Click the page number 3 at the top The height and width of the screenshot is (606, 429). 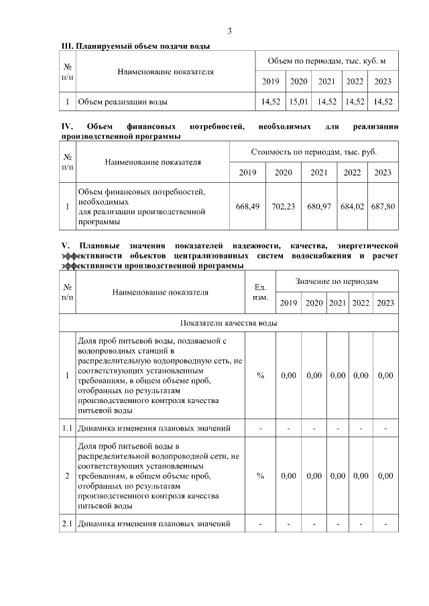tap(230, 31)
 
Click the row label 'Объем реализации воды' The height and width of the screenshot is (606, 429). tap(123, 102)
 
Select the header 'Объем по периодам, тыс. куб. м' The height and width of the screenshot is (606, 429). tap(326, 62)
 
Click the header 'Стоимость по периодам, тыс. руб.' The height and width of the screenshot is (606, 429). tap(314, 152)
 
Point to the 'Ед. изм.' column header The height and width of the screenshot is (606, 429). tap(261, 292)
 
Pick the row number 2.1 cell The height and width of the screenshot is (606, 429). tap(67, 523)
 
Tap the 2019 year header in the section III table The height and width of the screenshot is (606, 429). tap(270, 82)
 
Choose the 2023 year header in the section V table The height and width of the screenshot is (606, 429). tap(385, 303)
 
